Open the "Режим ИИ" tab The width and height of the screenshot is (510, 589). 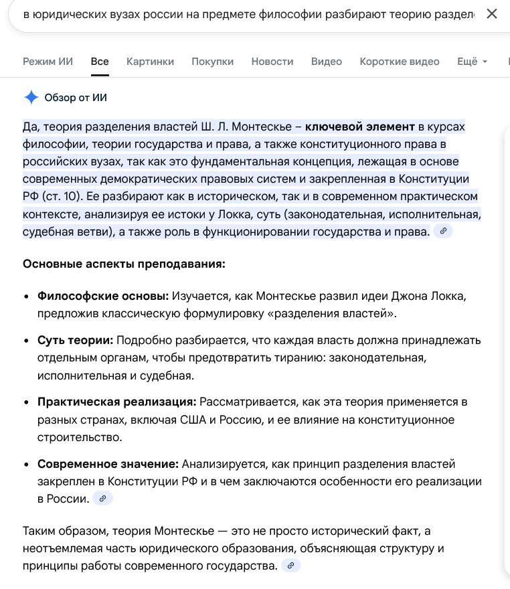pos(48,62)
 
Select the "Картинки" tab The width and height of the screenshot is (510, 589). pos(150,62)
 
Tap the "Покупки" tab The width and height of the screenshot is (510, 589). pos(212,62)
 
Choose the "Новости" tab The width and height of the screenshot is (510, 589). pos(272,62)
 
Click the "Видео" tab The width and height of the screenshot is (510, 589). pos(327,62)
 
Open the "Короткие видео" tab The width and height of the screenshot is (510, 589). pos(400,62)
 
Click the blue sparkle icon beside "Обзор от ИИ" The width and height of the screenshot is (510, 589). pos(31,98)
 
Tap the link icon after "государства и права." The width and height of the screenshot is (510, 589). pos(443,231)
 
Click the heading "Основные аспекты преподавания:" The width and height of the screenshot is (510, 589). pos(124,264)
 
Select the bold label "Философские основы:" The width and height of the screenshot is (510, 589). pos(103,296)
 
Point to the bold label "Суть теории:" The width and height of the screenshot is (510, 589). pos(76,341)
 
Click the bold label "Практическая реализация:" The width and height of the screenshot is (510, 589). pos(117,402)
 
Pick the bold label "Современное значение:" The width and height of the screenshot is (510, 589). pos(108,464)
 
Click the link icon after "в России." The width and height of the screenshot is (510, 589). pos(102,499)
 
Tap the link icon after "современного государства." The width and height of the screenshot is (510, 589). pos(290,566)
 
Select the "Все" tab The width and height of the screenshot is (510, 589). pos(100,62)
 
